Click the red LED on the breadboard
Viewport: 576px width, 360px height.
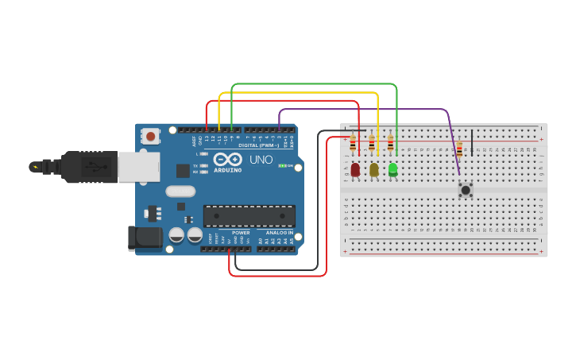pos(355,168)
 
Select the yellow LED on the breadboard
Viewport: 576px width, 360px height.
pos(374,168)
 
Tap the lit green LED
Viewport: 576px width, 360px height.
pos(392,168)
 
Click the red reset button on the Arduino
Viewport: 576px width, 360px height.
pos(150,137)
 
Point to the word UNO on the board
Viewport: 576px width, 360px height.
pos(261,159)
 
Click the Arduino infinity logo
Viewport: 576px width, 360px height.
pos(228,159)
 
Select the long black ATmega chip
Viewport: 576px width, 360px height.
pos(249,215)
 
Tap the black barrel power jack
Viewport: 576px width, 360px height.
pos(145,237)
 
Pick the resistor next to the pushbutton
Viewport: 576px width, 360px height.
pos(459,149)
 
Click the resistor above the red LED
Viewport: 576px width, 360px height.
pos(353,144)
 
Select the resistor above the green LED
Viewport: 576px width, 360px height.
pos(390,144)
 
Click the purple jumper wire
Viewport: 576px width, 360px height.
pos(358,109)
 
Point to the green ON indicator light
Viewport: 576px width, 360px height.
pos(281,165)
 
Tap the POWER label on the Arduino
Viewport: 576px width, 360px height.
pos(241,232)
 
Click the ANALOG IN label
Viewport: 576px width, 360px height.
pos(280,232)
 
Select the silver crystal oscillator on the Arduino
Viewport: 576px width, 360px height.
pos(180,191)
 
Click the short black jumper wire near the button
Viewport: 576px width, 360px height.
pos(472,141)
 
